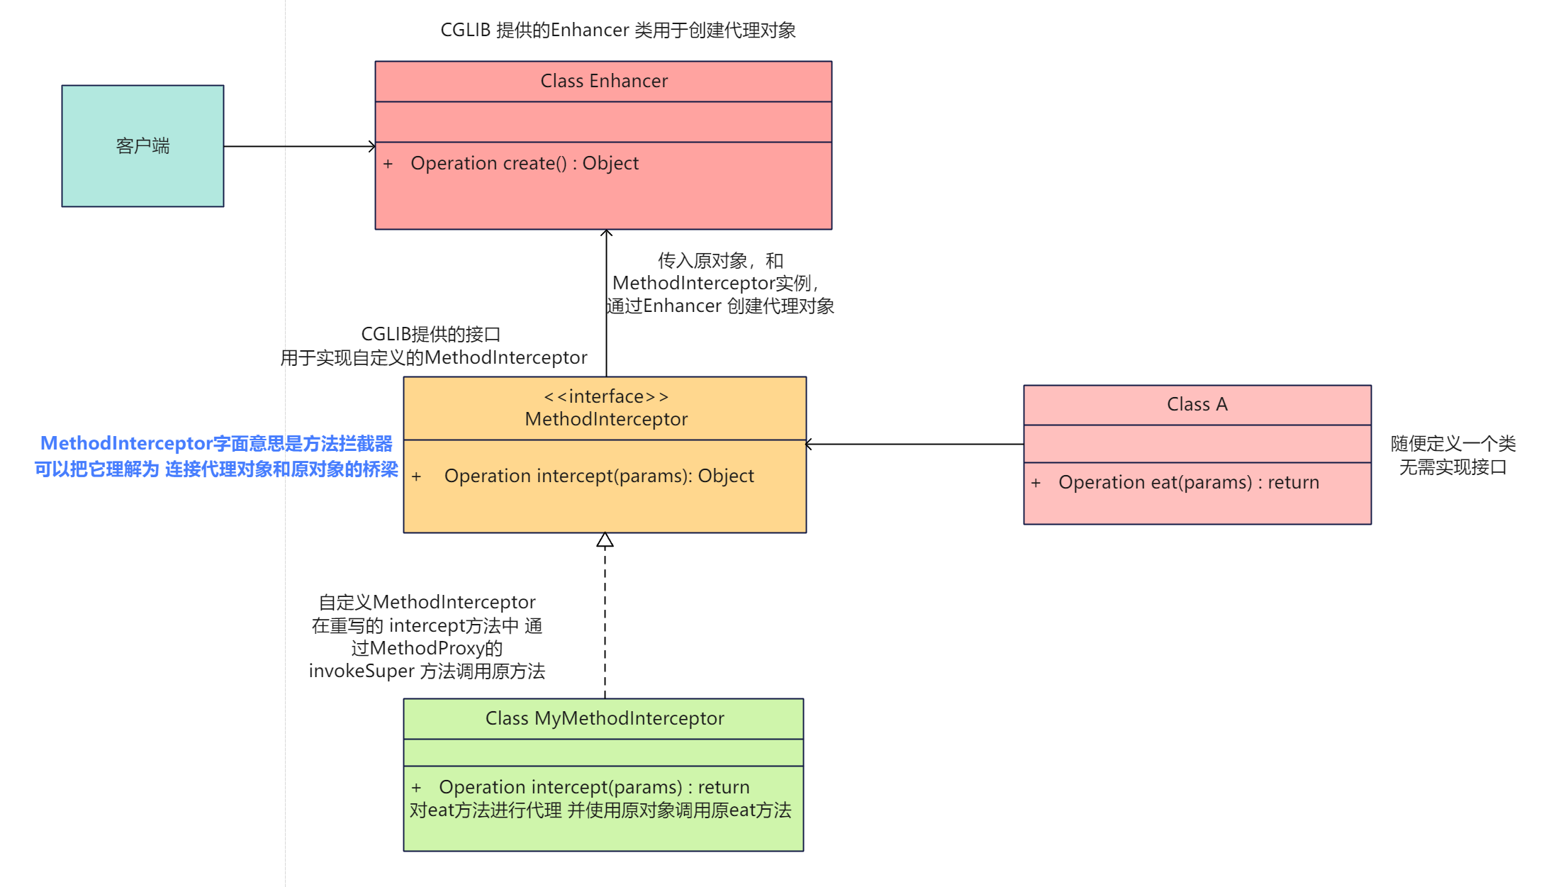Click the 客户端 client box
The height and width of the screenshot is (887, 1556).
142,146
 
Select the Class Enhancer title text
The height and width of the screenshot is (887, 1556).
604,81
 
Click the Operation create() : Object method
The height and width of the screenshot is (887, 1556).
525,164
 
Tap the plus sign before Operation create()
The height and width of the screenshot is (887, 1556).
388,164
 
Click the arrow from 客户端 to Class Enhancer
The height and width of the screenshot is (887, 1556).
298,147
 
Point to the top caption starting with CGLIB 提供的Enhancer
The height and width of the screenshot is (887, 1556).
617,30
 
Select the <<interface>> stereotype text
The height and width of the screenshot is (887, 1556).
606,396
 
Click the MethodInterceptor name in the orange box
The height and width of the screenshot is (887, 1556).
606,419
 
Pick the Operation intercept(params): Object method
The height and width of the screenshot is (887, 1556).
599,476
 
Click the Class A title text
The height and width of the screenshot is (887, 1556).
1197,404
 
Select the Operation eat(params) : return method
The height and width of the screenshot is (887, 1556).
1189,482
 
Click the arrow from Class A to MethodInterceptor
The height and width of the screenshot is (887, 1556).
914,445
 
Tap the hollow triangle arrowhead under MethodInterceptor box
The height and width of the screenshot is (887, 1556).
605,541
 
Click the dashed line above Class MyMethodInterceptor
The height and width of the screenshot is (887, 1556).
605,624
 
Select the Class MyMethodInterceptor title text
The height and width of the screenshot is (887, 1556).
605,718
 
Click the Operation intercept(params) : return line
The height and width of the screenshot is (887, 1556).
594,787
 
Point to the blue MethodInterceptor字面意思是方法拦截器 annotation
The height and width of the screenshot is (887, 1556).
216,444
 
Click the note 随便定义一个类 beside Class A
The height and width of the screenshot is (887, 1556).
1453,444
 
